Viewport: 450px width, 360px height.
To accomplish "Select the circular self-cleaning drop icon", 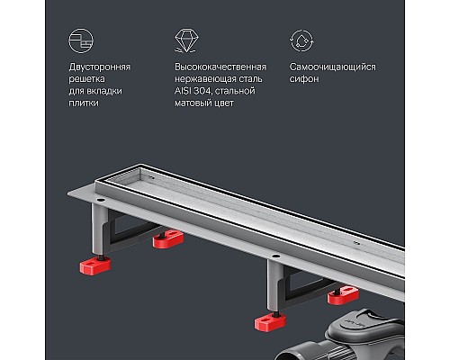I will coord(300,40).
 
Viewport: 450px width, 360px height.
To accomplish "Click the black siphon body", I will coord(360,332).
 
